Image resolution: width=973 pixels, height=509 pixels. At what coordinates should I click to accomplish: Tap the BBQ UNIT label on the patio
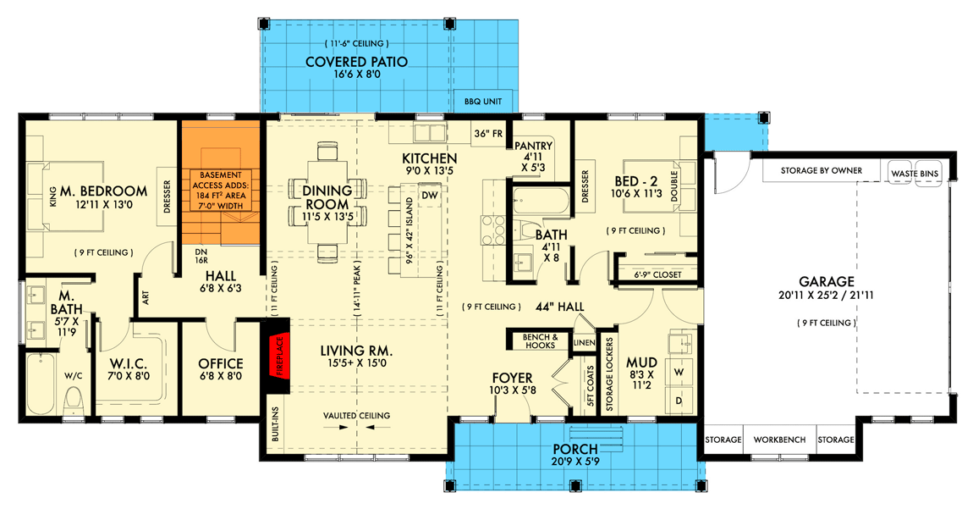click(x=483, y=102)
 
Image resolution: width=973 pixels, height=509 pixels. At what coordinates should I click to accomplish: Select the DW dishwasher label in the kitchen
click(x=428, y=195)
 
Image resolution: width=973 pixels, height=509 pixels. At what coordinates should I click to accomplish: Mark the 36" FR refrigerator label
click(x=487, y=133)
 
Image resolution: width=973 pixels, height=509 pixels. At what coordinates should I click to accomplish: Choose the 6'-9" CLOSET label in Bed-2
click(x=657, y=274)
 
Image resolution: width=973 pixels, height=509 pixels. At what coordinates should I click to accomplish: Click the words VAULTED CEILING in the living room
click(x=356, y=415)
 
